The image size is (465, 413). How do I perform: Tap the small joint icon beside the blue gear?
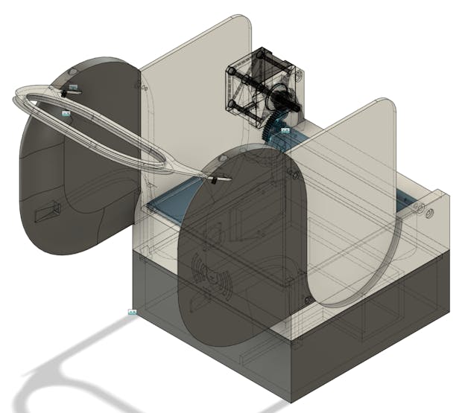(285, 130)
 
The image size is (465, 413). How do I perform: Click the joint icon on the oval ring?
(66, 112)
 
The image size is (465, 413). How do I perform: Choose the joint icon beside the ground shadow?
(132, 312)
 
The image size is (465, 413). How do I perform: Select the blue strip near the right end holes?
(402, 199)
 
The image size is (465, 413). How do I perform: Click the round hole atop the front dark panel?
(221, 159)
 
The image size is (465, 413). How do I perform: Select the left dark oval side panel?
(75, 171)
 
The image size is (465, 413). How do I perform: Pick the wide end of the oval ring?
(30, 100)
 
